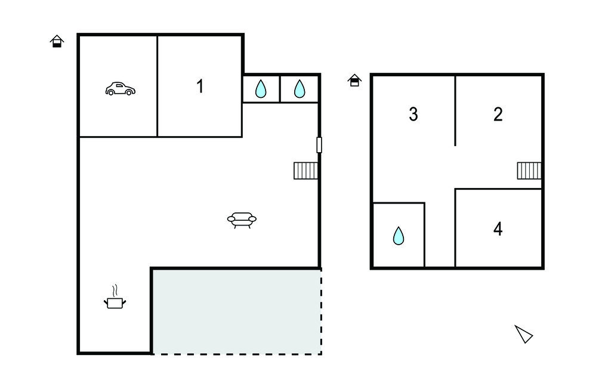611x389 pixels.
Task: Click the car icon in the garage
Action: [121, 89]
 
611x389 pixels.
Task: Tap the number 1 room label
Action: [200, 86]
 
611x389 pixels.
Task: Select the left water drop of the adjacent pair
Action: [261, 89]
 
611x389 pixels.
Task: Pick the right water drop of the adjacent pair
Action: [300, 89]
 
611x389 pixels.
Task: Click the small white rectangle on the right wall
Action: [319, 145]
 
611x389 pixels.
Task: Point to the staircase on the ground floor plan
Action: [305, 171]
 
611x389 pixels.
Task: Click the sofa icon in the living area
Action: [242, 220]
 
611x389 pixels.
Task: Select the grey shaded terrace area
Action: [236, 311]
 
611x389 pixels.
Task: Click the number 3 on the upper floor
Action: [413, 114]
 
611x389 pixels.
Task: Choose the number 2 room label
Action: [498, 114]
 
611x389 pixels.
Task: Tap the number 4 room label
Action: [498, 229]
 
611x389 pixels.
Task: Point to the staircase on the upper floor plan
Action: [529, 171]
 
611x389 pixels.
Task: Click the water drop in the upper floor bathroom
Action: [398, 236]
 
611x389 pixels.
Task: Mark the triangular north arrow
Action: [524, 334]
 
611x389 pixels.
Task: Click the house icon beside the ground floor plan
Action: [57, 41]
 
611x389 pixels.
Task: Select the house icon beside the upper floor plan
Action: [354, 80]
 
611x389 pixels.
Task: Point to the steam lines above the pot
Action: [115, 291]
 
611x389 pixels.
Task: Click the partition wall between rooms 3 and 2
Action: [455, 111]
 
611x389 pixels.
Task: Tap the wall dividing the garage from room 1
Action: [158, 86]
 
